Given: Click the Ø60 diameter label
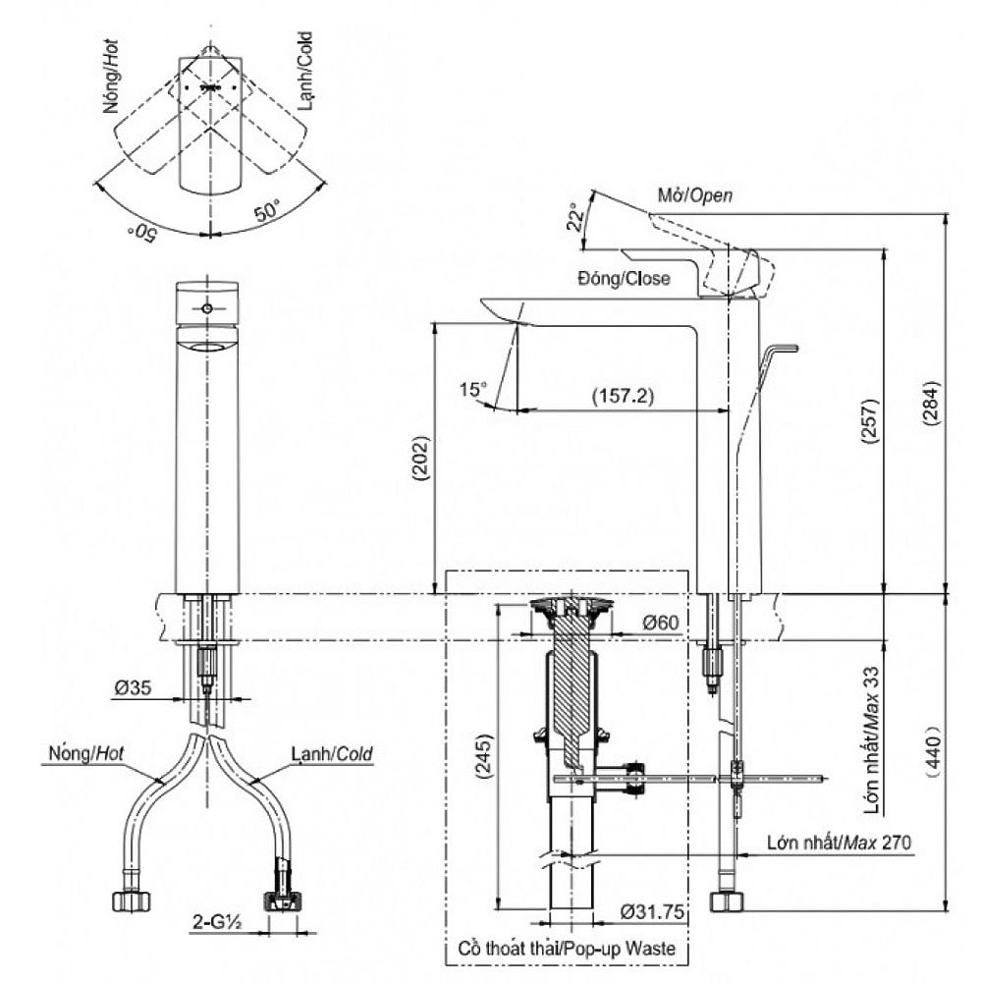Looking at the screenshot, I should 661,623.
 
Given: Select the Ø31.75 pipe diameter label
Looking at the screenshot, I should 651,912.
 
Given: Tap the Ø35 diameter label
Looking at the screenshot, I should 131,688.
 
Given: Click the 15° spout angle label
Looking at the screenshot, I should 473,390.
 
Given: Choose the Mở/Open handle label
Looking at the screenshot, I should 694,196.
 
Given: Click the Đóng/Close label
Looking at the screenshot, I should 624,278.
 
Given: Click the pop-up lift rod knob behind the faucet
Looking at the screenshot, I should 783,348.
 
